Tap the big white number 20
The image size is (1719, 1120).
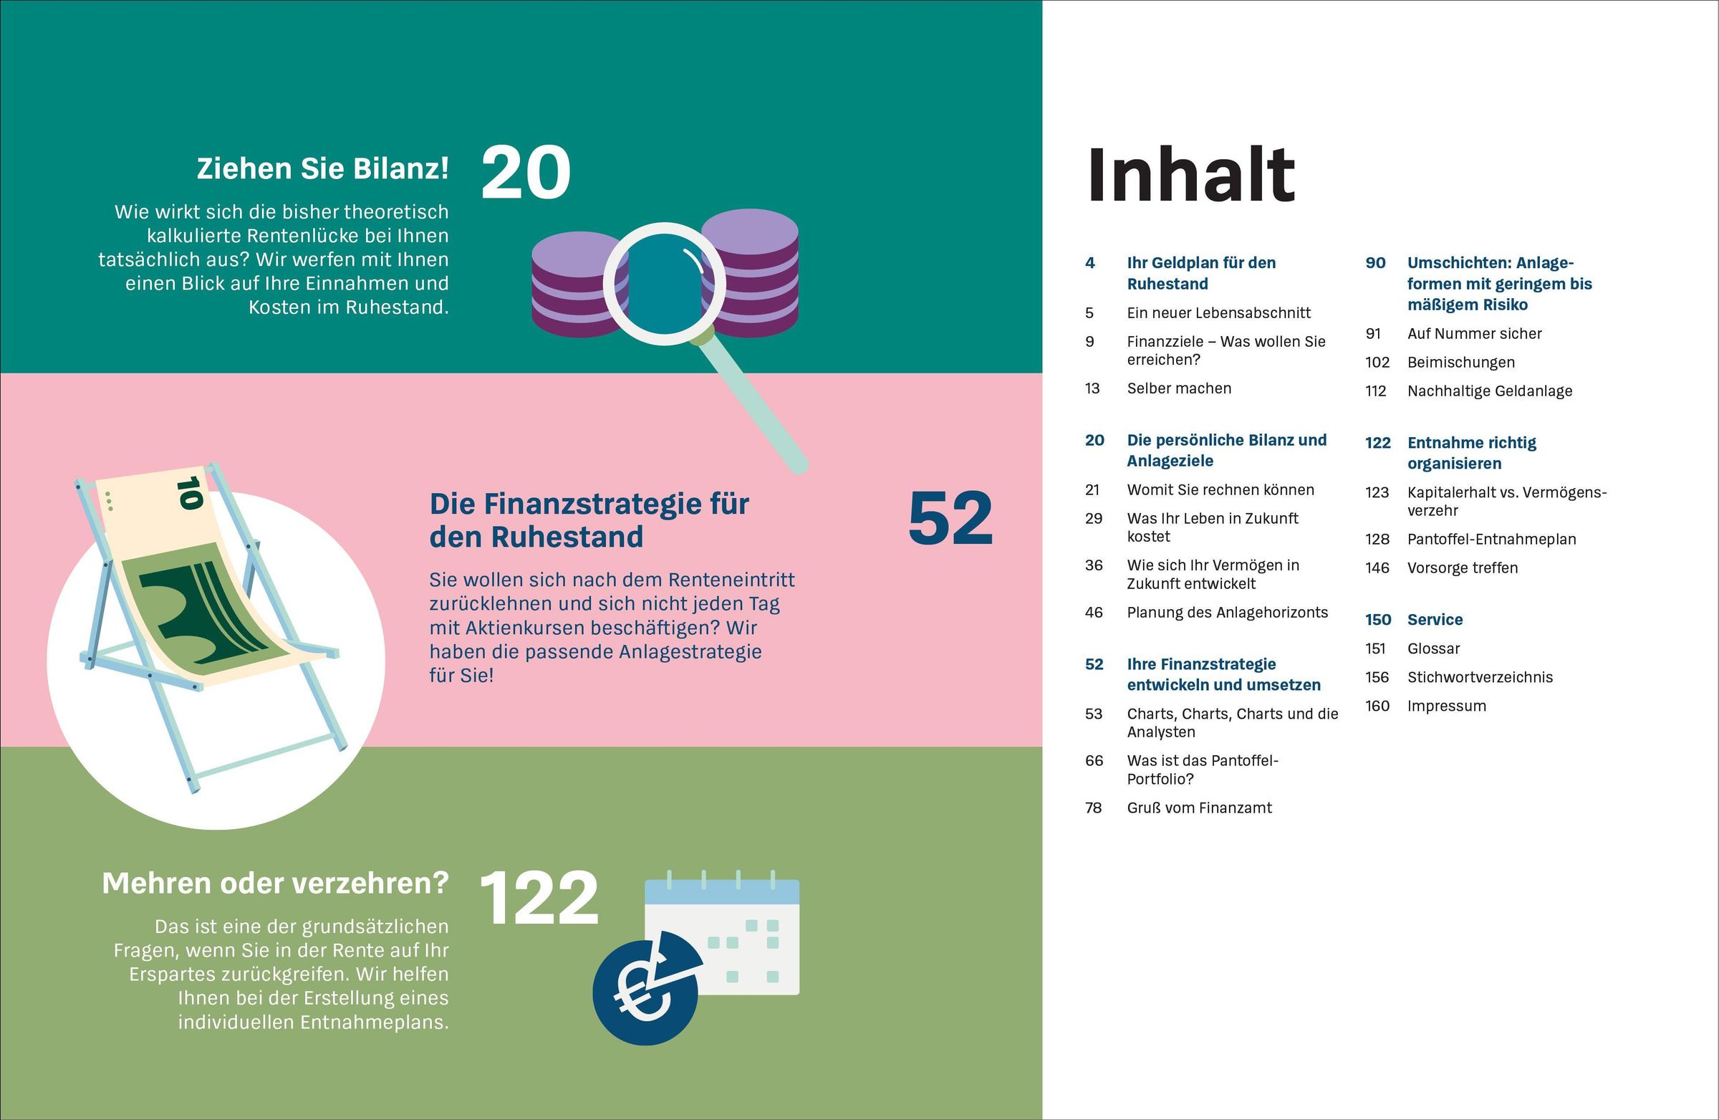tap(526, 173)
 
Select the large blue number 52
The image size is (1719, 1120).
tap(950, 519)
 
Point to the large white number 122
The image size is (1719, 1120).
tap(539, 898)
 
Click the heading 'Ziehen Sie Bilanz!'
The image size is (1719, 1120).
tap(323, 169)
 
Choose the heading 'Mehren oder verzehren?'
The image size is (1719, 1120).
tap(275, 883)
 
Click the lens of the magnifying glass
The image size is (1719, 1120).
tap(655, 284)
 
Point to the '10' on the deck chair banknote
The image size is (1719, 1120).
tap(190, 493)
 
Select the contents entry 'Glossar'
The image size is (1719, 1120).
tap(1433, 649)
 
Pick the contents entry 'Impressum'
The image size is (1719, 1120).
tap(1446, 706)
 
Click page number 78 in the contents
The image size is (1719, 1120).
tap(1093, 808)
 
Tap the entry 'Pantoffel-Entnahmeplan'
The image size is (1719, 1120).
tap(1491, 539)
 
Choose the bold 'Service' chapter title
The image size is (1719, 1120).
tap(1435, 620)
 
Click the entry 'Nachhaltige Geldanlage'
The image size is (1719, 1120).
tap(1489, 391)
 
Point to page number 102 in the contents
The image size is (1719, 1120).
tap(1377, 362)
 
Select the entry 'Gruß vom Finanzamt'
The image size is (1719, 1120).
tap(1199, 808)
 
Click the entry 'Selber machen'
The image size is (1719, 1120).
tap(1179, 388)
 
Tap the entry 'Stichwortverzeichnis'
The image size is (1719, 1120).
tap(1479, 677)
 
